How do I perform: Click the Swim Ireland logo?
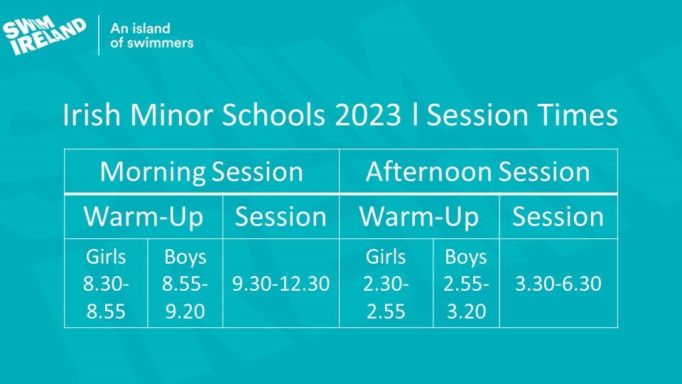(x=44, y=36)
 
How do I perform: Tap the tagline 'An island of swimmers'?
(x=151, y=36)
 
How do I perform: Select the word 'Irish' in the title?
(x=92, y=115)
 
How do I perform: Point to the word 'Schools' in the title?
(x=273, y=115)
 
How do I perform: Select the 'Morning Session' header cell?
(x=201, y=171)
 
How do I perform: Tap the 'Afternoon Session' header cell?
(x=478, y=171)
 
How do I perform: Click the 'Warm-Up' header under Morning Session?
(x=144, y=216)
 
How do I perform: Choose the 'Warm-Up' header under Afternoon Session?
(x=419, y=216)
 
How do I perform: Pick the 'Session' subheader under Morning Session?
(x=281, y=216)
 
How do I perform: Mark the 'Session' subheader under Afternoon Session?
(x=558, y=216)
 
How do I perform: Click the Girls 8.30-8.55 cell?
(x=106, y=284)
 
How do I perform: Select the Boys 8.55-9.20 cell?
(x=185, y=284)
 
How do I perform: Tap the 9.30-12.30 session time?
(x=281, y=284)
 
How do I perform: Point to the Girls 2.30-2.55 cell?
(x=386, y=284)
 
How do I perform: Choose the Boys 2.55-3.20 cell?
(x=466, y=284)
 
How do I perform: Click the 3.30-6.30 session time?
(x=558, y=284)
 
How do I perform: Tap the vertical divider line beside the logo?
(x=99, y=36)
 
